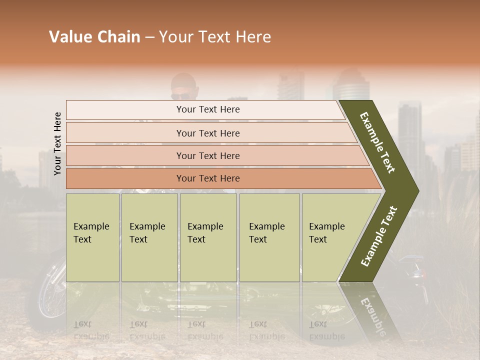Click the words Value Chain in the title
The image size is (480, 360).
pos(94,37)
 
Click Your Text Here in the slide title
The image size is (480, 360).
pos(215,37)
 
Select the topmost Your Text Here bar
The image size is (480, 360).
pos(207,109)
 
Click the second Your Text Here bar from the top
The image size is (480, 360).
pos(207,133)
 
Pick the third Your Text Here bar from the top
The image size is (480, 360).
pos(207,155)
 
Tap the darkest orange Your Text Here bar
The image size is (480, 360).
pos(207,178)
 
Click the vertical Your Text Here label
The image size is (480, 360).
pos(57,143)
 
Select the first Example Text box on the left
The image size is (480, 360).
pos(92,237)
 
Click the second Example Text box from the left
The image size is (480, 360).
pos(149,237)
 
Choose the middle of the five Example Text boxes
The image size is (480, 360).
pos(208,237)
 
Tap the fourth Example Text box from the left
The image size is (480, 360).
pos(269,237)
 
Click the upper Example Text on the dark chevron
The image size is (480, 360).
pos(378,142)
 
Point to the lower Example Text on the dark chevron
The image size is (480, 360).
pos(379,236)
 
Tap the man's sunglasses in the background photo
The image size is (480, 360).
pos(180,96)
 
